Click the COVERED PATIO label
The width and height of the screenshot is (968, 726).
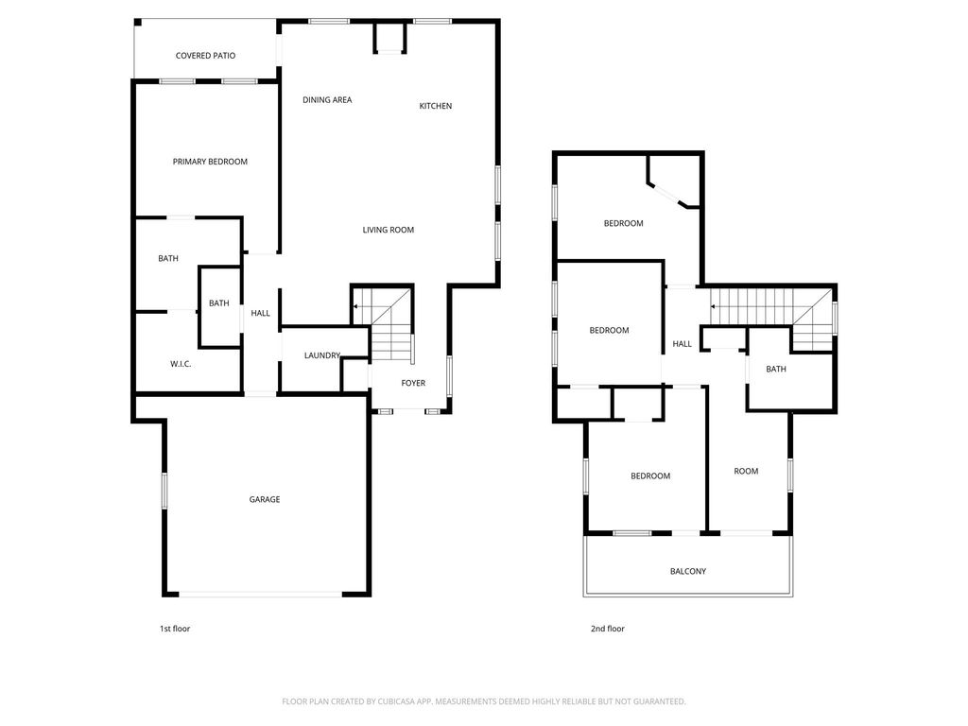[x=205, y=56]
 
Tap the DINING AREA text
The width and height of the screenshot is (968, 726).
[x=327, y=100]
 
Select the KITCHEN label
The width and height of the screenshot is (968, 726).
[x=436, y=106]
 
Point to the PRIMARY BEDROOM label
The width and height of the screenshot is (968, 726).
[x=210, y=162]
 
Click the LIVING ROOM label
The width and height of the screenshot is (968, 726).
[x=389, y=230]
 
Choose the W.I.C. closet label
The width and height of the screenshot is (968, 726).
[x=181, y=364]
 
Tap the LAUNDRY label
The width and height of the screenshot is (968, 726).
[x=322, y=355]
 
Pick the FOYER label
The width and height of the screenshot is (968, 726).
[x=414, y=384]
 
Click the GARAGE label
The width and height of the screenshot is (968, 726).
[x=265, y=499]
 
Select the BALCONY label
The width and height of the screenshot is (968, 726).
[x=688, y=572]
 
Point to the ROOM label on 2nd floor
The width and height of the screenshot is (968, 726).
[x=747, y=471]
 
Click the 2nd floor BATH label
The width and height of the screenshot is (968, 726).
[x=776, y=370]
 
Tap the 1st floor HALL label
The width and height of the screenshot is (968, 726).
[x=261, y=314]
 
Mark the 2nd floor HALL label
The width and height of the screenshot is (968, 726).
[x=683, y=344]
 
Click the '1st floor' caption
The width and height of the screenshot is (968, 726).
[x=175, y=629]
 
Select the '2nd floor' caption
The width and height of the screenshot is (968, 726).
[x=608, y=629]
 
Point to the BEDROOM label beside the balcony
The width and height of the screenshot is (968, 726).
[x=650, y=476]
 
